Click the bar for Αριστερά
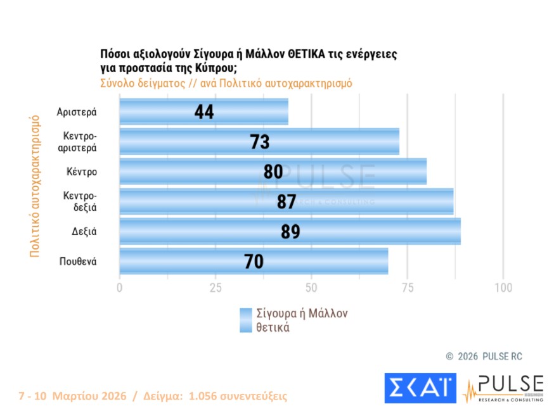tap(203, 111)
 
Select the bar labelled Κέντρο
tap(273, 172)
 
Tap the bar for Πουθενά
tap(254, 262)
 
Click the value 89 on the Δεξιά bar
tap(290, 232)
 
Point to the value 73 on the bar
tap(260, 142)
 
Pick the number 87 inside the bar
tap(287, 202)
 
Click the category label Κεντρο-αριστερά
tap(80, 142)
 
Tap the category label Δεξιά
tap(84, 232)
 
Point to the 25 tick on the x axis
tap(216, 288)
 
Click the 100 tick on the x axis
tap(503, 288)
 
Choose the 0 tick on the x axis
tap(120, 288)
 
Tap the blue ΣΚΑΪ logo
tap(420, 388)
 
